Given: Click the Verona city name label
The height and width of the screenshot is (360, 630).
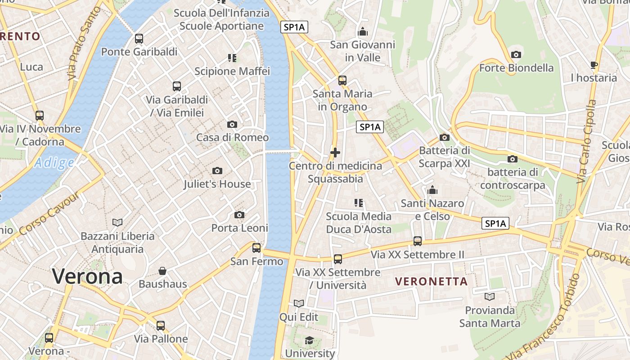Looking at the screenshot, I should pos(87,276).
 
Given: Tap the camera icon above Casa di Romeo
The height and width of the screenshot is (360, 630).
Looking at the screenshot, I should pos(232,124).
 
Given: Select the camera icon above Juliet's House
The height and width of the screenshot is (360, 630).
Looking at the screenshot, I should pos(217,171).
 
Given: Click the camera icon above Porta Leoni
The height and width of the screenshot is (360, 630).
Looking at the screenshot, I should pos(239,215).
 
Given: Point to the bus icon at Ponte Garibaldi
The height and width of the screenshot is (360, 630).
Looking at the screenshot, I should pos(139,39).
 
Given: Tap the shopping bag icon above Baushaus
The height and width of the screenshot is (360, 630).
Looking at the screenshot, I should pos(162,271).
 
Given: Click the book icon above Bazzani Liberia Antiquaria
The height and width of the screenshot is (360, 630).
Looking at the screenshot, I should pos(117,222).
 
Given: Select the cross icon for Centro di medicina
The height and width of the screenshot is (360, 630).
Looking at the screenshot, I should pos(335,153).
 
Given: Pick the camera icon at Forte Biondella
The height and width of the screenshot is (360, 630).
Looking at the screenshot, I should pos(516,55).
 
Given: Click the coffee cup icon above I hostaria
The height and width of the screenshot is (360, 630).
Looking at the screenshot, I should pos(594,65).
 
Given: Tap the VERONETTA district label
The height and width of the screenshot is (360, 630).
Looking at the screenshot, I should pos(432,282).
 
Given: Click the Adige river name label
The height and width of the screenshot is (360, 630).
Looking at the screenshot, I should pos(54,162).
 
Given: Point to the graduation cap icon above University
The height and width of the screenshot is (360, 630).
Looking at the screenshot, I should pos(309,340).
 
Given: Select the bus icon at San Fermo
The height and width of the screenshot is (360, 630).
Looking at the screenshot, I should pos(256,247).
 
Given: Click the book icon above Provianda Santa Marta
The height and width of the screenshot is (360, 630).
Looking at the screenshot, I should pos(490,297).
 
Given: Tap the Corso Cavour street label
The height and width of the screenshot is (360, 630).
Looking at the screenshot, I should pos(49,214).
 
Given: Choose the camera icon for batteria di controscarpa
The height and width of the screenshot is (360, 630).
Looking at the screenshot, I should pos(512,159).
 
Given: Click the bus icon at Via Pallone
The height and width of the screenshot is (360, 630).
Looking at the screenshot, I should pos(161,325).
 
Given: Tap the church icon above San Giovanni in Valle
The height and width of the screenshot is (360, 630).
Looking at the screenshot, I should pos(362,31).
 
